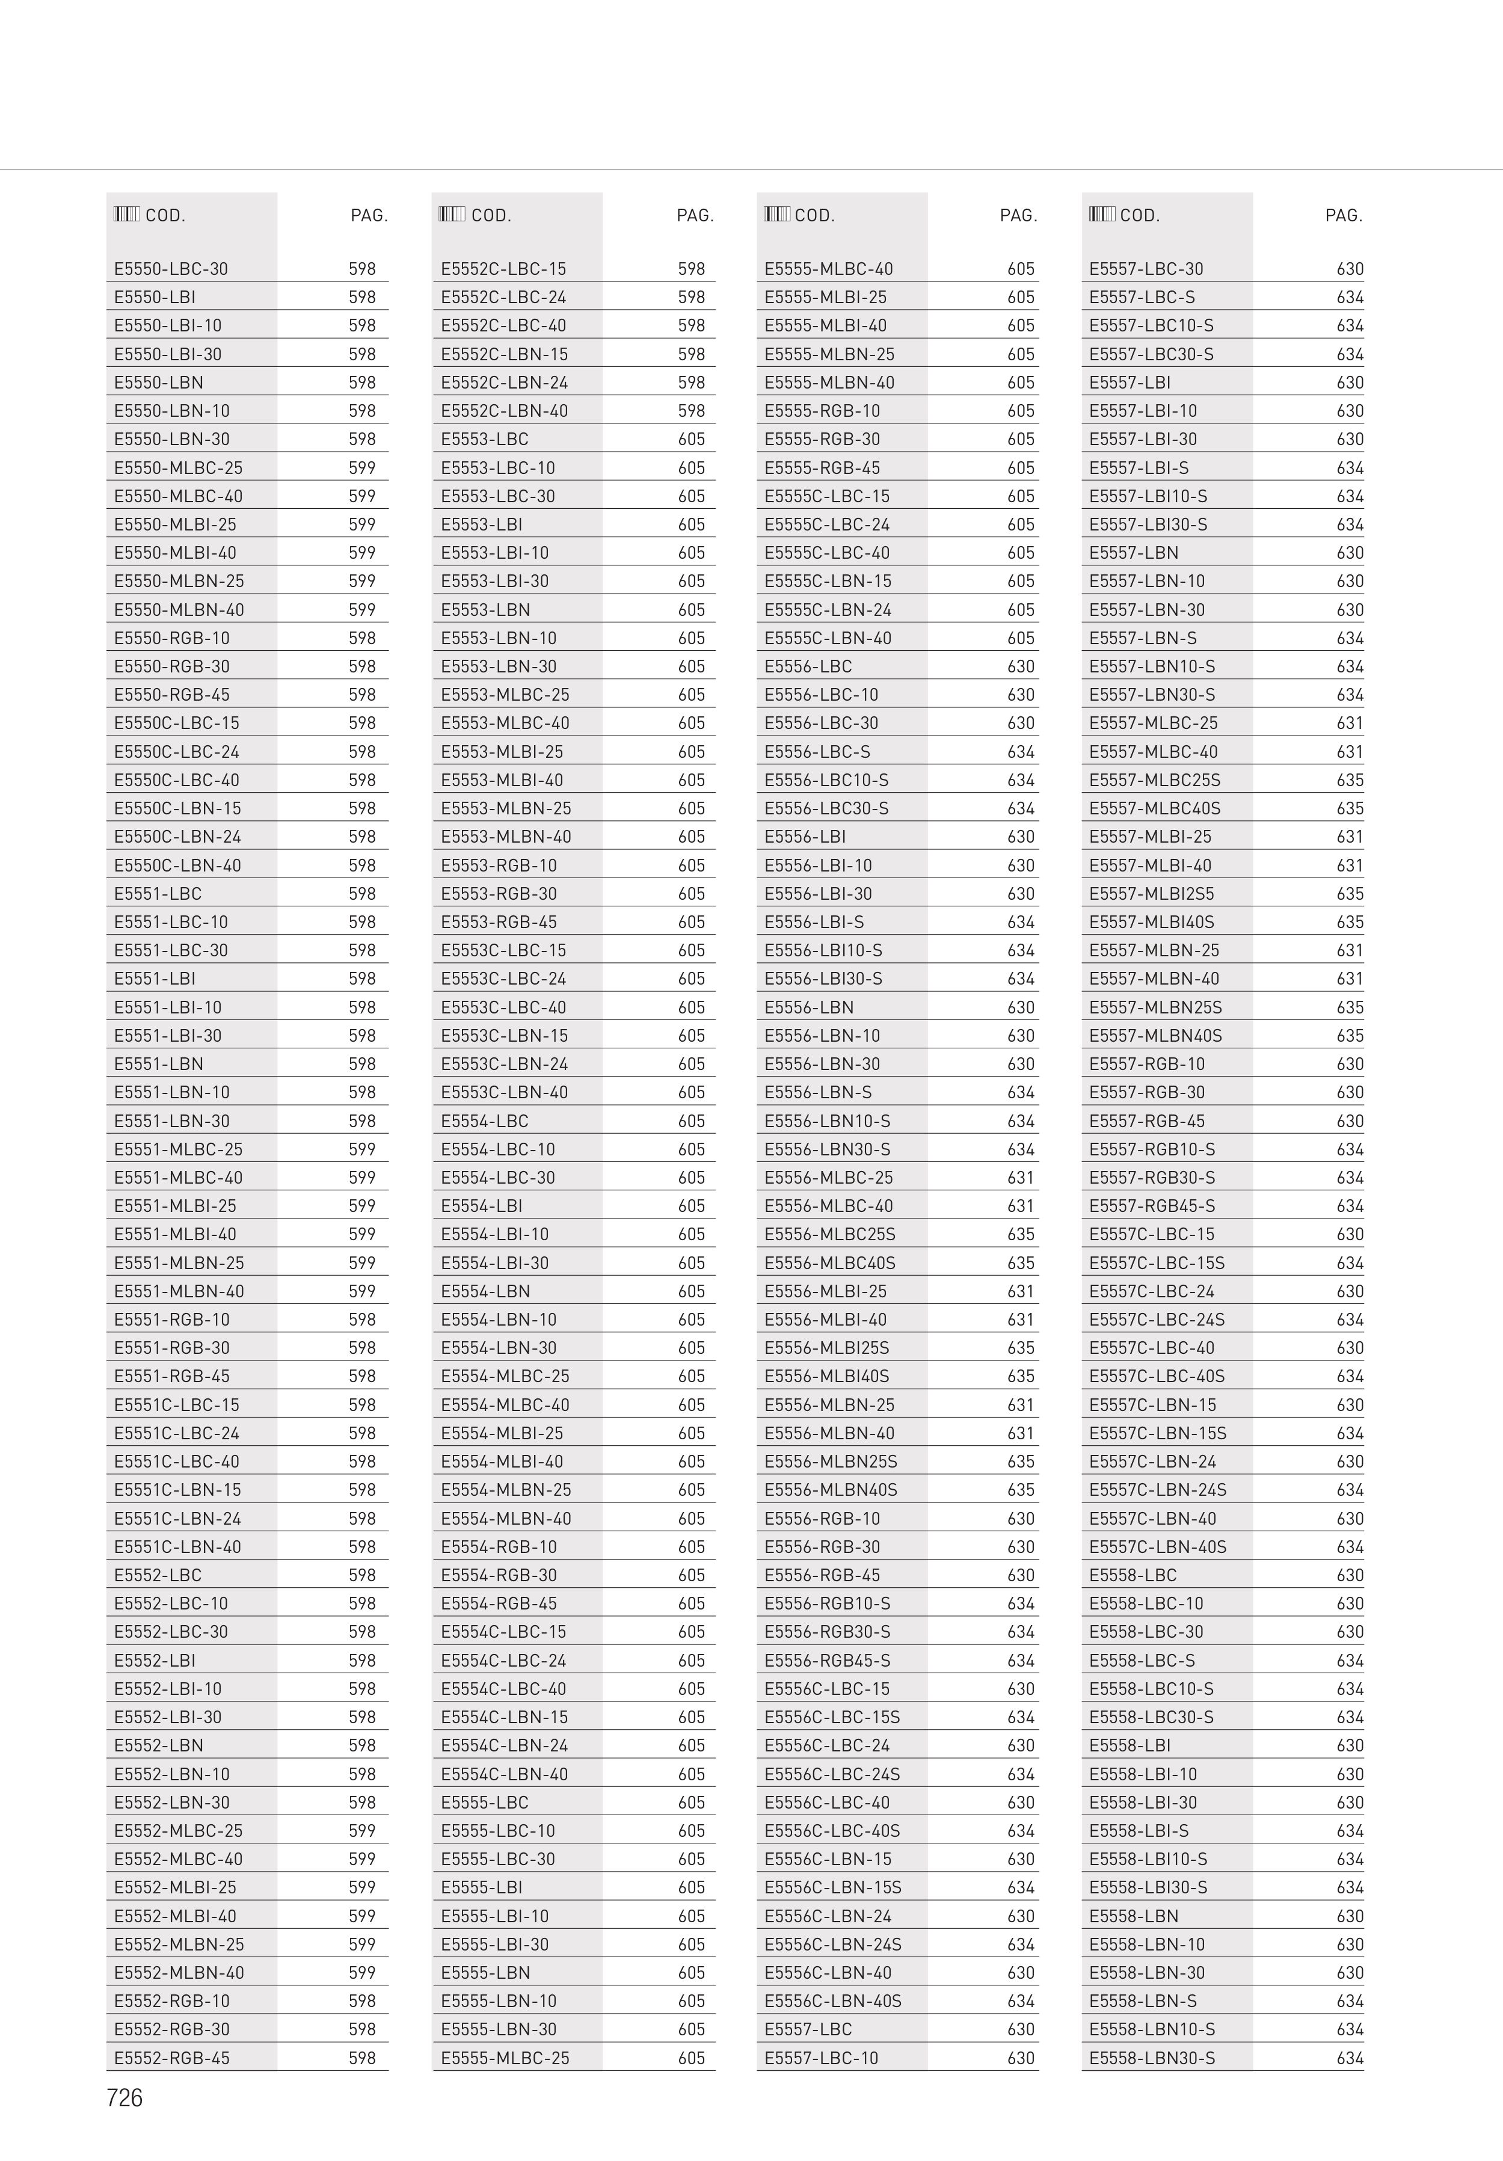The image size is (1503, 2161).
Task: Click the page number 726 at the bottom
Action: pos(124,2098)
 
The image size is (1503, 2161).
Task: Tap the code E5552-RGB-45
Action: pos(171,2058)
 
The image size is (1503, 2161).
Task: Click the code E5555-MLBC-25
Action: pos(505,2058)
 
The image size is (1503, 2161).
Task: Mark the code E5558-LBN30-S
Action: pos(1152,2058)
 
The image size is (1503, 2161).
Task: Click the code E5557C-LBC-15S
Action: pos(1157,1263)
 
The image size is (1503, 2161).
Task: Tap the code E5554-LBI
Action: pos(481,1207)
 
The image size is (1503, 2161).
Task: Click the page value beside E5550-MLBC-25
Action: pos(362,468)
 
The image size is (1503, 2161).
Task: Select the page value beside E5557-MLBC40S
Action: pos(1350,808)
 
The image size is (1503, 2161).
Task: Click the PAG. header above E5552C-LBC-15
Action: pos(695,215)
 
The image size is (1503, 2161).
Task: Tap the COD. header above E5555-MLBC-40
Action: pos(814,215)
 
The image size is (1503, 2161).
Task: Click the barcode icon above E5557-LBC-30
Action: pos(1101,215)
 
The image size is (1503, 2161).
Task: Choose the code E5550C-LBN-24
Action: pos(177,837)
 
